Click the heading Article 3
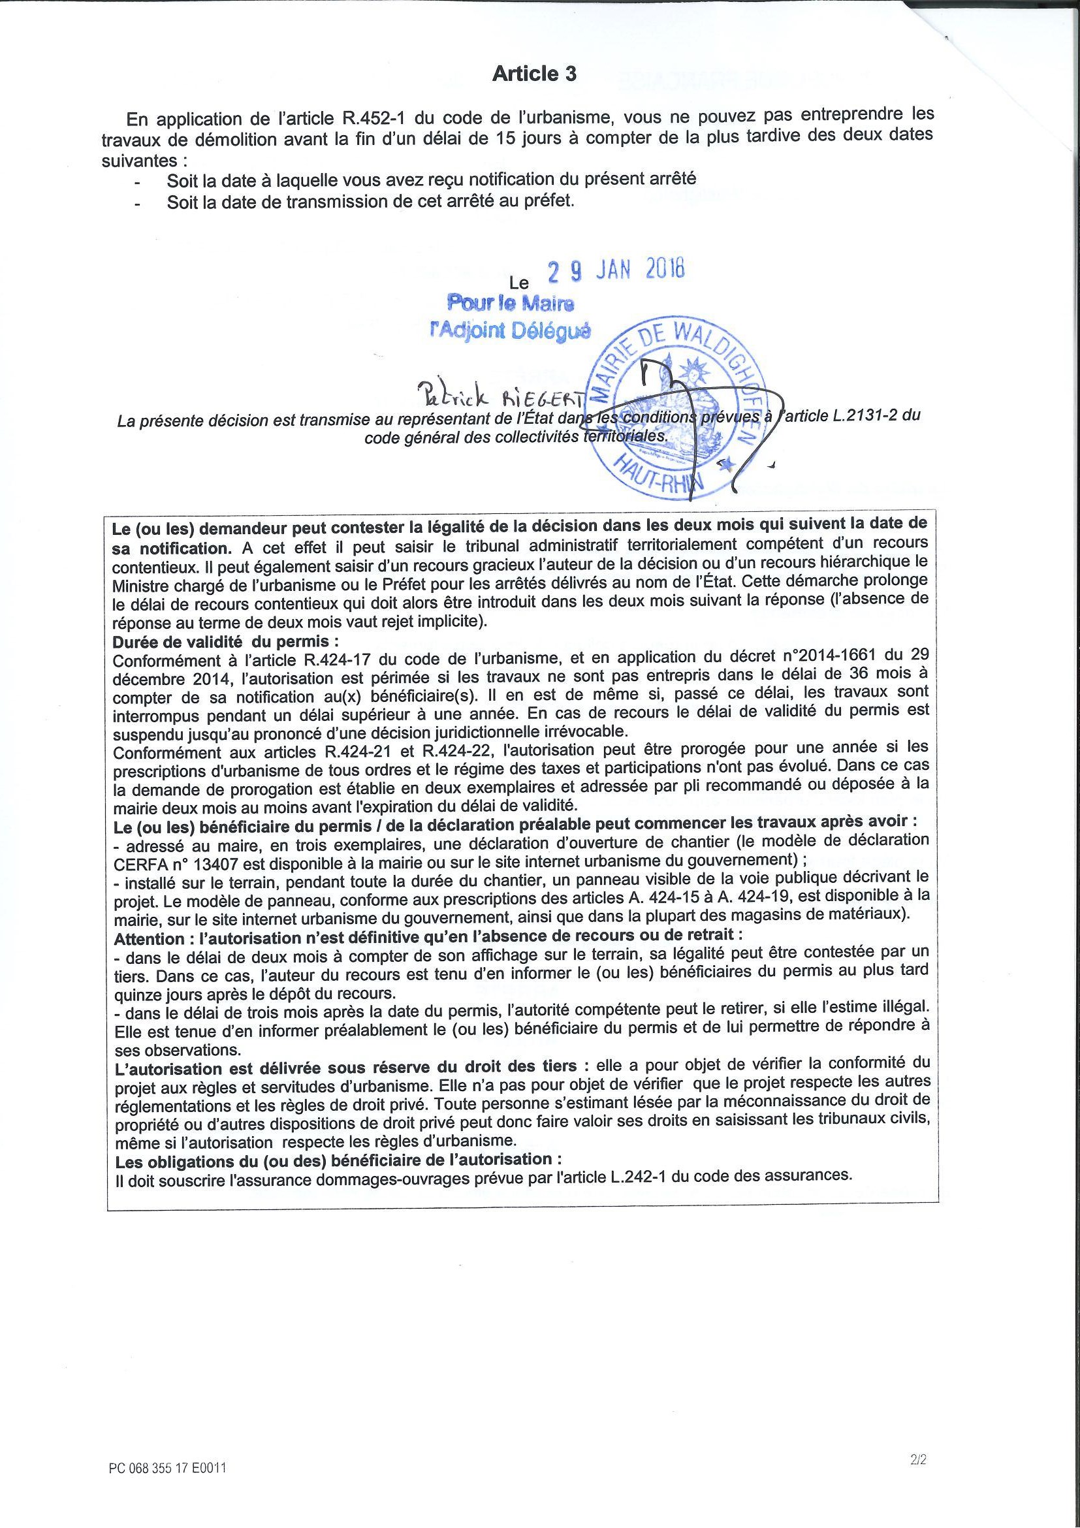pos(533,74)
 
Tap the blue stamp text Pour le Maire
pos(511,304)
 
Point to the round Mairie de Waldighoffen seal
pos(678,408)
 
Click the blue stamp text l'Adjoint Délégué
pos(511,330)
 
